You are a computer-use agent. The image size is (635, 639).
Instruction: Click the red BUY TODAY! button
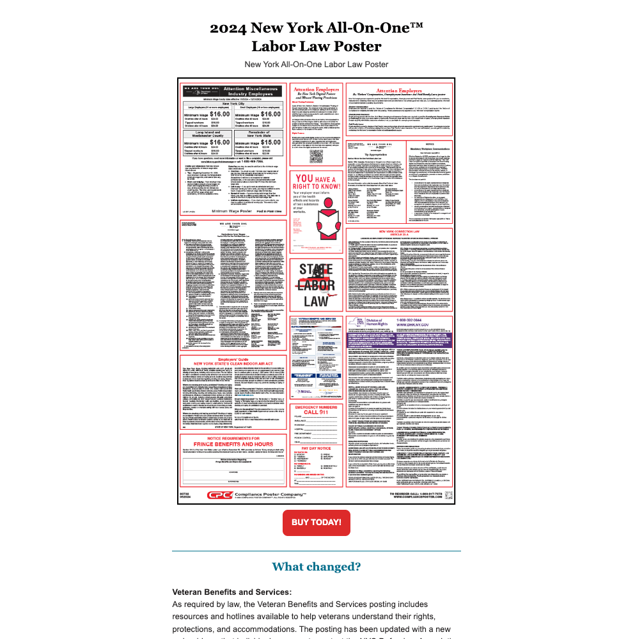tap(316, 523)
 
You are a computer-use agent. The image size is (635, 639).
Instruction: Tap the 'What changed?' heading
tap(316, 567)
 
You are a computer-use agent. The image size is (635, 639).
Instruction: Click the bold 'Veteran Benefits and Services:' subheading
tap(231, 592)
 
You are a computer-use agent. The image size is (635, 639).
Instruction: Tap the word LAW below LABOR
tap(317, 301)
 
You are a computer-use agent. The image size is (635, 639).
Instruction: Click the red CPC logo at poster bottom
tap(219, 495)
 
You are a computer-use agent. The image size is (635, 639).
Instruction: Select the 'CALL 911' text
tap(317, 413)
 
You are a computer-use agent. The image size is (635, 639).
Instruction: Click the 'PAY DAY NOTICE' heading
tap(317, 449)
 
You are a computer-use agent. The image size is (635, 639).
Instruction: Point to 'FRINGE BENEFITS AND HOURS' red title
tap(233, 444)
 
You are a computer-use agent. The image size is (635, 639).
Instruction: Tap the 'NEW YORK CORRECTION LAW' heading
tap(399, 232)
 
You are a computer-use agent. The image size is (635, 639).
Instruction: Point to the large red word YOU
tap(304, 180)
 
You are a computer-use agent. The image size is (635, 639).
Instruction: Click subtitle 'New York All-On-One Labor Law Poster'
tap(316, 64)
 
